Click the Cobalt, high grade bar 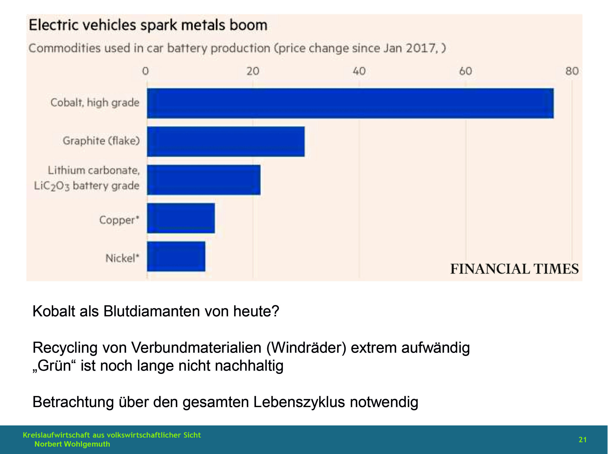pyautogui.click(x=350, y=103)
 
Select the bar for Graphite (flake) pyautogui.click(x=226, y=141)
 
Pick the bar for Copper pyautogui.click(x=181, y=218)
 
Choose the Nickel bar pyautogui.click(x=176, y=256)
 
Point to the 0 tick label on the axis pyautogui.click(x=145, y=71)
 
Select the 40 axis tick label pyautogui.click(x=359, y=71)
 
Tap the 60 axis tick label pyautogui.click(x=465, y=71)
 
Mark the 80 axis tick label pyautogui.click(x=572, y=71)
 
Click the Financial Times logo pyautogui.click(x=514, y=269)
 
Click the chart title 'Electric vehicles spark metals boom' pyautogui.click(x=148, y=25)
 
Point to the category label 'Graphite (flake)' pyautogui.click(x=101, y=141)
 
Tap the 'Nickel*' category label pyautogui.click(x=122, y=258)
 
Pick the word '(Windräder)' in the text pyautogui.click(x=306, y=348)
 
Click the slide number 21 pyautogui.click(x=582, y=440)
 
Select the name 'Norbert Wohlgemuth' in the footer pyautogui.click(x=72, y=444)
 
